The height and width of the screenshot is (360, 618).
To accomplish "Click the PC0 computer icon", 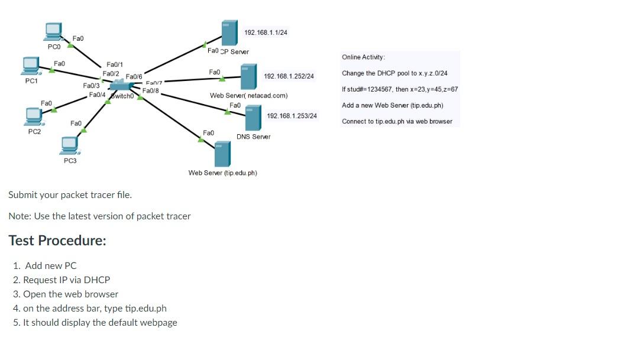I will pyautogui.click(x=54, y=31).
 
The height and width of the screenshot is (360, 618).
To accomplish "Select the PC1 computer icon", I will pyautogui.click(x=31, y=65).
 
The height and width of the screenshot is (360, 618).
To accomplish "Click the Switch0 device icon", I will pyautogui.click(x=121, y=86).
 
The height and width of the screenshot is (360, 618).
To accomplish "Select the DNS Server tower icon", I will pyautogui.click(x=253, y=118).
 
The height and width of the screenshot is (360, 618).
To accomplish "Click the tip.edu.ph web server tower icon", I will pyautogui.click(x=222, y=154).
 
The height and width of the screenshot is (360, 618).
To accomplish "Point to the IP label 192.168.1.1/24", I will pyautogui.click(x=266, y=33).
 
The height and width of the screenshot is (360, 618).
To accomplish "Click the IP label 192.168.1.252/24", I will pyautogui.click(x=289, y=77).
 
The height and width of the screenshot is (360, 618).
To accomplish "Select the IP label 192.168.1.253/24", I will pyautogui.click(x=292, y=116).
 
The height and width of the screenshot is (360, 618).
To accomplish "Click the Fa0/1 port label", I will pyautogui.click(x=115, y=64).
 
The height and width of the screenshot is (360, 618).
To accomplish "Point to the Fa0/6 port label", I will pyautogui.click(x=134, y=77).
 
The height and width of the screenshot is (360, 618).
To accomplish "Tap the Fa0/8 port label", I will pyautogui.click(x=151, y=90).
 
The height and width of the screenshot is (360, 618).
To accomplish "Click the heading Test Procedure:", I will pyautogui.click(x=57, y=241).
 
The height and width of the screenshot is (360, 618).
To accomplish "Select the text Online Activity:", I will pyautogui.click(x=363, y=57).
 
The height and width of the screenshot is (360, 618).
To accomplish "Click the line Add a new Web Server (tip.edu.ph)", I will pyautogui.click(x=392, y=105).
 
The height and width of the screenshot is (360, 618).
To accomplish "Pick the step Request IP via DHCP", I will pyautogui.click(x=66, y=280).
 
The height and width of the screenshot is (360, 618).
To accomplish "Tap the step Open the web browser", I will pyautogui.click(x=70, y=294).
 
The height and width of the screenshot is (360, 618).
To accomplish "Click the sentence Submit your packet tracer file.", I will pyautogui.click(x=70, y=194).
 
